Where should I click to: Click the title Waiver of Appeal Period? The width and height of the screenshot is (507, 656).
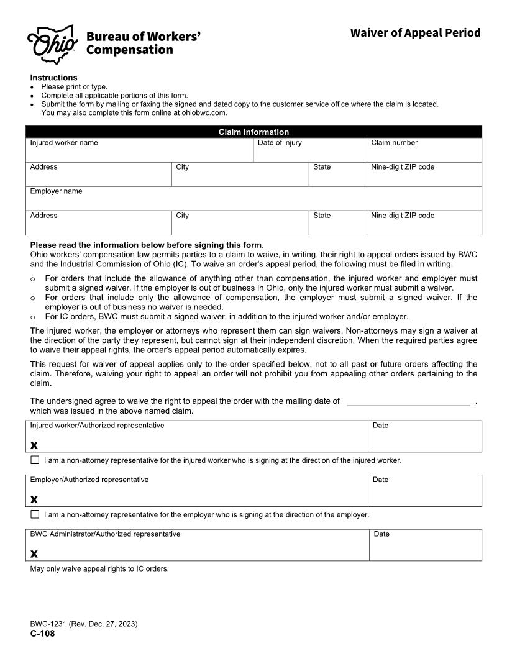click(x=415, y=32)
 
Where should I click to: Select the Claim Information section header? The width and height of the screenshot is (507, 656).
click(x=253, y=132)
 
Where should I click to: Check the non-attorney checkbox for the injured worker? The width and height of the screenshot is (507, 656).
click(x=35, y=460)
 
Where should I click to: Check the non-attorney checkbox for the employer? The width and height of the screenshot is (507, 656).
click(x=35, y=514)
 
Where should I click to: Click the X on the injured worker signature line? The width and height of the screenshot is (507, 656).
click(x=34, y=445)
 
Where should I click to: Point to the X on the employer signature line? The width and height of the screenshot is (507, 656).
click(x=34, y=499)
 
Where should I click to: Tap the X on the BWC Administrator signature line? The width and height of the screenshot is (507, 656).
click(x=34, y=554)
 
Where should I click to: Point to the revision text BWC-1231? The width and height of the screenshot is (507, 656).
click(x=84, y=624)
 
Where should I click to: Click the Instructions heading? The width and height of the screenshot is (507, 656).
click(x=54, y=78)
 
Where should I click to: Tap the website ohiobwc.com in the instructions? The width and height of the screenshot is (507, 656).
click(x=200, y=113)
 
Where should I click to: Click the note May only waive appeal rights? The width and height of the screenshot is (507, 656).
click(x=99, y=568)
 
